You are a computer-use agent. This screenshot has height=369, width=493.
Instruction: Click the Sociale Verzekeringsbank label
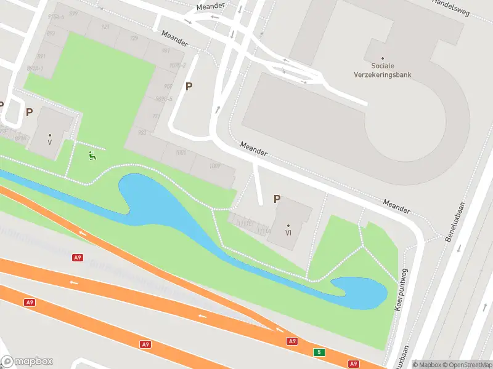[x=391, y=70]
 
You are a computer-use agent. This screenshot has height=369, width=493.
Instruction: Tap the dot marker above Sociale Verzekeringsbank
[x=383, y=58]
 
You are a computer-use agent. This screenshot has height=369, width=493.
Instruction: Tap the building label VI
[x=288, y=232]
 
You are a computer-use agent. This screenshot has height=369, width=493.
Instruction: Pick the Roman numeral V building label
[x=50, y=142]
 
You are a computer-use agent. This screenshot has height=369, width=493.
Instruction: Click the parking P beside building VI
[x=277, y=199]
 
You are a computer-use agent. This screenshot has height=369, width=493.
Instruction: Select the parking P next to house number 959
[x=189, y=87]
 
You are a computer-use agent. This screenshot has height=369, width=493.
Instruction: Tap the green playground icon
[x=92, y=156]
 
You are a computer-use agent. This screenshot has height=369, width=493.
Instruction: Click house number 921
[x=105, y=27]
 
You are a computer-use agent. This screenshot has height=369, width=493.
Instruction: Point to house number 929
[x=134, y=39]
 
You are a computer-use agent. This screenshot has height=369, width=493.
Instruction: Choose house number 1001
[x=181, y=152]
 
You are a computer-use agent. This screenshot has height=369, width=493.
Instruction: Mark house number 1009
[x=214, y=165]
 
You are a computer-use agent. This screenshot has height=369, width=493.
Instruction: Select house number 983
[x=142, y=132]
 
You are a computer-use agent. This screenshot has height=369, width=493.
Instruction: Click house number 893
[x=51, y=33]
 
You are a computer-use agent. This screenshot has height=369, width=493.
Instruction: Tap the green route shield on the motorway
[x=319, y=352]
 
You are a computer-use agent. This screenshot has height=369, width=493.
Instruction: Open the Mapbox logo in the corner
[x=27, y=362]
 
